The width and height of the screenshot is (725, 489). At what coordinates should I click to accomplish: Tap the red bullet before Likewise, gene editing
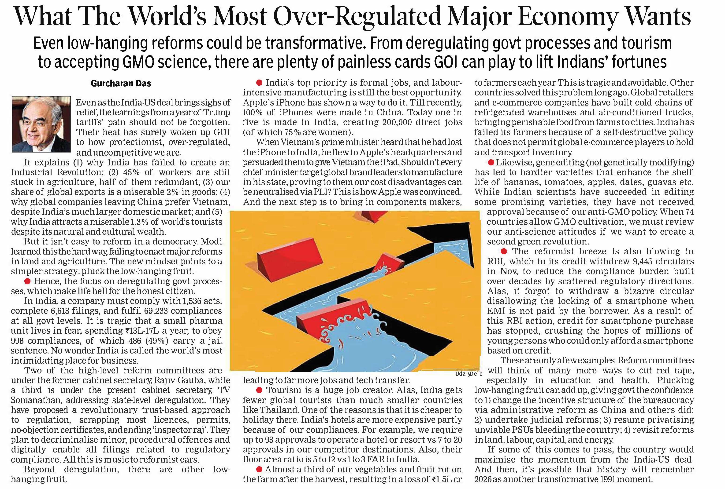click(x=491, y=162)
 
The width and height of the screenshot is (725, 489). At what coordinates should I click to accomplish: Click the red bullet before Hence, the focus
click(x=27, y=281)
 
